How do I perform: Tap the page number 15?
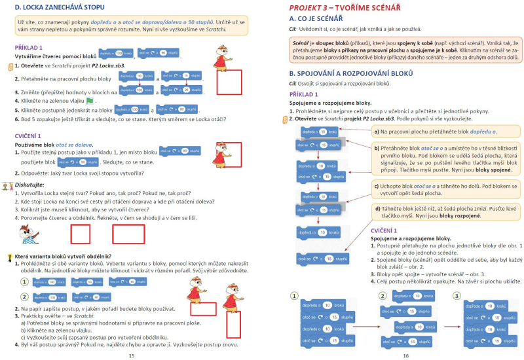tap(131, 355)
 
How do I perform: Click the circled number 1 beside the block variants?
tap(24, 281)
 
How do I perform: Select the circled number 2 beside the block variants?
tap(24, 297)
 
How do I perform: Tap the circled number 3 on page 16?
tap(457, 295)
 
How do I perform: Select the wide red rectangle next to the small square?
tap(128, 234)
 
